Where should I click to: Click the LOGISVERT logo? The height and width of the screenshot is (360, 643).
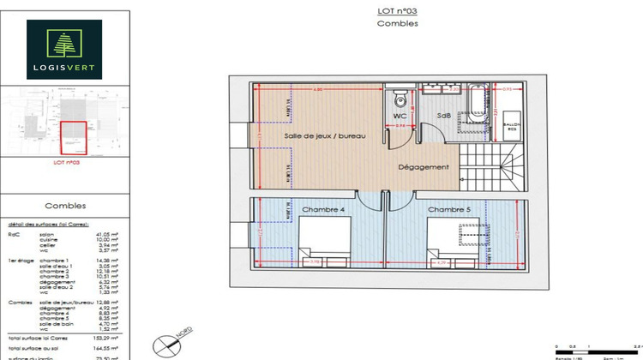pyautogui.click(x=64, y=50)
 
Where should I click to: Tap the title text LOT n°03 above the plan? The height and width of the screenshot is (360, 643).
pyautogui.click(x=397, y=11)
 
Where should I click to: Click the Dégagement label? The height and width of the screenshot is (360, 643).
pyautogui.click(x=424, y=167)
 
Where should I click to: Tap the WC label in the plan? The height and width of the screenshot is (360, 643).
pyautogui.click(x=400, y=115)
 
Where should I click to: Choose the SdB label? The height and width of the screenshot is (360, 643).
pyautogui.click(x=444, y=115)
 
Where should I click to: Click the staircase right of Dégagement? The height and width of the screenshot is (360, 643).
pyautogui.click(x=495, y=169)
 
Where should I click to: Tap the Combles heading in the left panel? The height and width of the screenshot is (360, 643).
pyautogui.click(x=65, y=207)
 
